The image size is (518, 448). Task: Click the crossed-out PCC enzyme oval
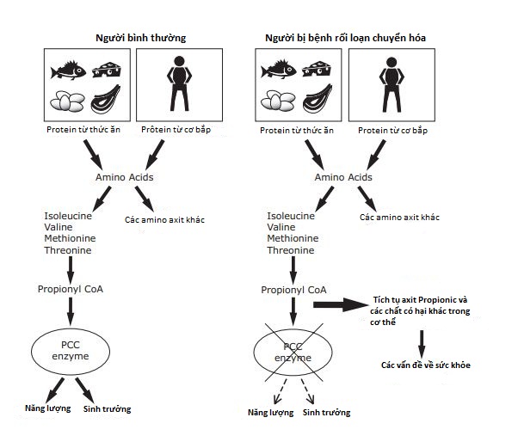(293, 351)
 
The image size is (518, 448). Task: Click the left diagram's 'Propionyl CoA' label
(71, 289)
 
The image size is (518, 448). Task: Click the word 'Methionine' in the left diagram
(71, 237)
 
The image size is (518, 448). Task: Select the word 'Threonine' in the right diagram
(292, 250)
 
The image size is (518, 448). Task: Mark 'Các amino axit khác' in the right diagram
(399, 218)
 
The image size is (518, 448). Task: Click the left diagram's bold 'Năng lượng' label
(46, 408)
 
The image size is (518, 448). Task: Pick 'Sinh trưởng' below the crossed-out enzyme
(326, 413)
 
